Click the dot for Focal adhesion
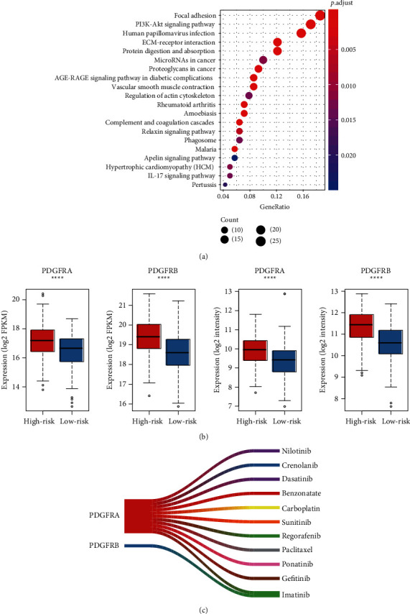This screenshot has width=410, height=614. [x=320, y=16]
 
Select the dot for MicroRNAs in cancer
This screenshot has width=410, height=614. [x=263, y=60]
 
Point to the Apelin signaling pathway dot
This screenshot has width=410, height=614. [x=234, y=158]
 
